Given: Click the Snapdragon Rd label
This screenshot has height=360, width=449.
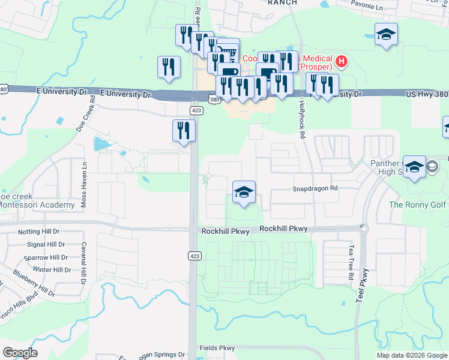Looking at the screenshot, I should tap(315, 188).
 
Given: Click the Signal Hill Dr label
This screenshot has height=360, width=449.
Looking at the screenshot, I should tap(49, 245).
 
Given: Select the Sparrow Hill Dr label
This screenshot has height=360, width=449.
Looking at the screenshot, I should tap(46, 257).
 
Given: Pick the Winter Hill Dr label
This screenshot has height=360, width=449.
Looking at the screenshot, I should tap(52, 270).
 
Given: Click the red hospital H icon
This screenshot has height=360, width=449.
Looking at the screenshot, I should tap(341, 61).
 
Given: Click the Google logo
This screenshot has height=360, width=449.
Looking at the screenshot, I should tap(20, 352).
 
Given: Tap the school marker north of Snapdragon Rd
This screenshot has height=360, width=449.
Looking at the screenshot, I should tap(244, 193).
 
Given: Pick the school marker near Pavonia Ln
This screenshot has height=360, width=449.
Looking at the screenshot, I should tap(387, 35).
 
